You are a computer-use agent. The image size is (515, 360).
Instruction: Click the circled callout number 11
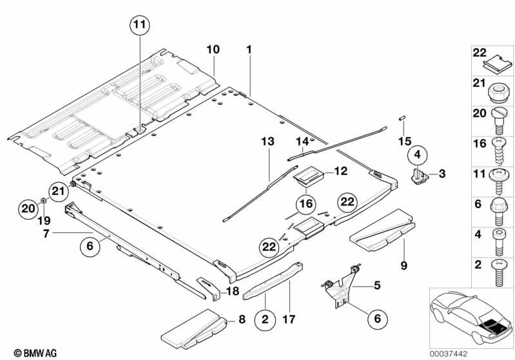(x=140, y=25)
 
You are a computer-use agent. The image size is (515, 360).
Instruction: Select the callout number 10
(x=213, y=50)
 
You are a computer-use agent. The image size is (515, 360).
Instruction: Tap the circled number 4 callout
(x=418, y=154)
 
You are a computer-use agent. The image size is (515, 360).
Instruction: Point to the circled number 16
(x=306, y=204)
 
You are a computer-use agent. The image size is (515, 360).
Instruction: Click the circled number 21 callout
(x=59, y=191)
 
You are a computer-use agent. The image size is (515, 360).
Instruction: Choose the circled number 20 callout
(x=28, y=209)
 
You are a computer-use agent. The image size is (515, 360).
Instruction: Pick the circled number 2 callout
(x=265, y=319)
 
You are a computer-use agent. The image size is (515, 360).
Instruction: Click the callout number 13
(x=267, y=142)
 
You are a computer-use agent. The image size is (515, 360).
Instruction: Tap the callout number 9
(x=403, y=265)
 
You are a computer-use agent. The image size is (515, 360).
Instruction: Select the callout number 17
(x=289, y=319)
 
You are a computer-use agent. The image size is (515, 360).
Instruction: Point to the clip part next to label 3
(x=420, y=176)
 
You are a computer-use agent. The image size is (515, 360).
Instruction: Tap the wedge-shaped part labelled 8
(x=194, y=329)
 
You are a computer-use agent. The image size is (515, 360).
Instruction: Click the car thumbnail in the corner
(x=471, y=318)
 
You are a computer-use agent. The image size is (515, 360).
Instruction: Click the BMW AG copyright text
(x=35, y=353)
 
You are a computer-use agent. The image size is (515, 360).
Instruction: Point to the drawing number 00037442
(x=449, y=354)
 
